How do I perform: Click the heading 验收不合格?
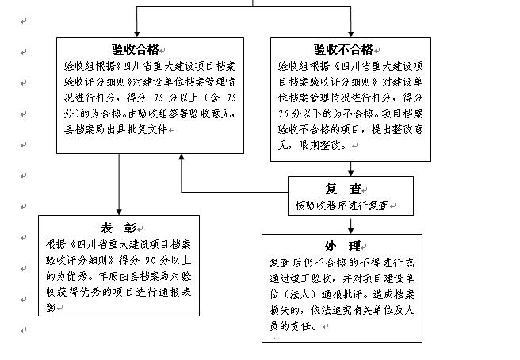tap(345, 48)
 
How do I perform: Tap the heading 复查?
tap(344, 189)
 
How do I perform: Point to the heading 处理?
tap(342, 246)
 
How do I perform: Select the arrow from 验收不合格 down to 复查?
tap(350, 168)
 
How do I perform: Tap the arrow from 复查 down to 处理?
tap(350, 224)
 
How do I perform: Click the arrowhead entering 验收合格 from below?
tap(182, 157)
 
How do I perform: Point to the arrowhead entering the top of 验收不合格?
tap(350, 33)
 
